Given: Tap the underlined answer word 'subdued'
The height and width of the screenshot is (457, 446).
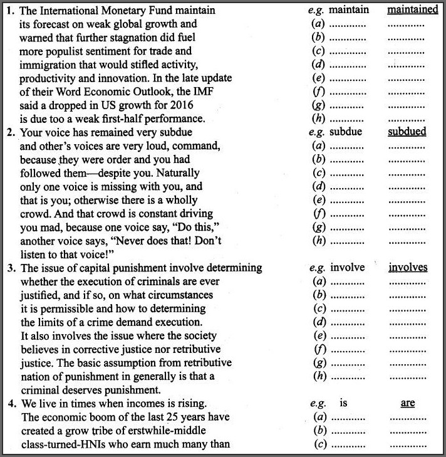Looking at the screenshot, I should (407, 132).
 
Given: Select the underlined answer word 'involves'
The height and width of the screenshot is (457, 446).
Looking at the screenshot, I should (408, 268).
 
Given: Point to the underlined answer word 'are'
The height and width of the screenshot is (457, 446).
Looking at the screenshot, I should (408, 403).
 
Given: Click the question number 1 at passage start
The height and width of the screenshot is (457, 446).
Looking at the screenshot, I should (10, 11).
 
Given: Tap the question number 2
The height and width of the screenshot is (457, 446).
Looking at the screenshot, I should (10, 133).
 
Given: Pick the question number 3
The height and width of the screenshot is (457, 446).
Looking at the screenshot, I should (10, 268).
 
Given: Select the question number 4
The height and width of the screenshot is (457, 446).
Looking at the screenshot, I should (10, 404).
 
